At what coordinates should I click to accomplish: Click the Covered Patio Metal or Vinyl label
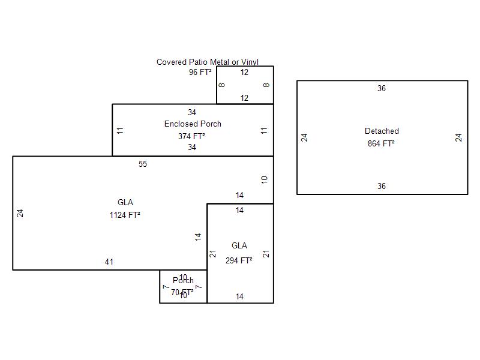(207, 62)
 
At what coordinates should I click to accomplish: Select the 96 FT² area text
(200, 72)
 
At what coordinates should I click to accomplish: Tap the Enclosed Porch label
(193, 124)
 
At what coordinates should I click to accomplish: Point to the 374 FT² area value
(191, 136)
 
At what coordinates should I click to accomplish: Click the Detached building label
(382, 131)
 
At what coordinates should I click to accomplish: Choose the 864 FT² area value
(381, 143)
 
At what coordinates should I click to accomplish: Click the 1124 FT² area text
(125, 215)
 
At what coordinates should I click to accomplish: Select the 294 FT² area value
(239, 260)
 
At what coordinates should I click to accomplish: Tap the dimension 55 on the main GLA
(142, 164)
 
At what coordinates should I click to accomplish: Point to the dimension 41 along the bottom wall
(109, 262)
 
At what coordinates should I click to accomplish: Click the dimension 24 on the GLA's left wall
(20, 213)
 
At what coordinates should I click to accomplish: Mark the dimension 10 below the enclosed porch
(265, 179)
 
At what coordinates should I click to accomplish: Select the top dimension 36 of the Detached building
(382, 88)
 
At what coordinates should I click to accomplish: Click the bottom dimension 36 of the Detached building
(382, 186)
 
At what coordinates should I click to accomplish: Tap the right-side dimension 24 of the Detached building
(459, 137)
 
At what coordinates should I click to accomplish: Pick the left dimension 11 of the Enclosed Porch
(121, 130)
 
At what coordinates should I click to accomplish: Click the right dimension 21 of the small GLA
(266, 254)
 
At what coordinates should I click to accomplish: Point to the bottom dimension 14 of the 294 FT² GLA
(239, 296)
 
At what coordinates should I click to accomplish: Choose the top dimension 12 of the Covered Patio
(244, 72)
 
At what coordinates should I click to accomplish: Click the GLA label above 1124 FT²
(125, 202)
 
